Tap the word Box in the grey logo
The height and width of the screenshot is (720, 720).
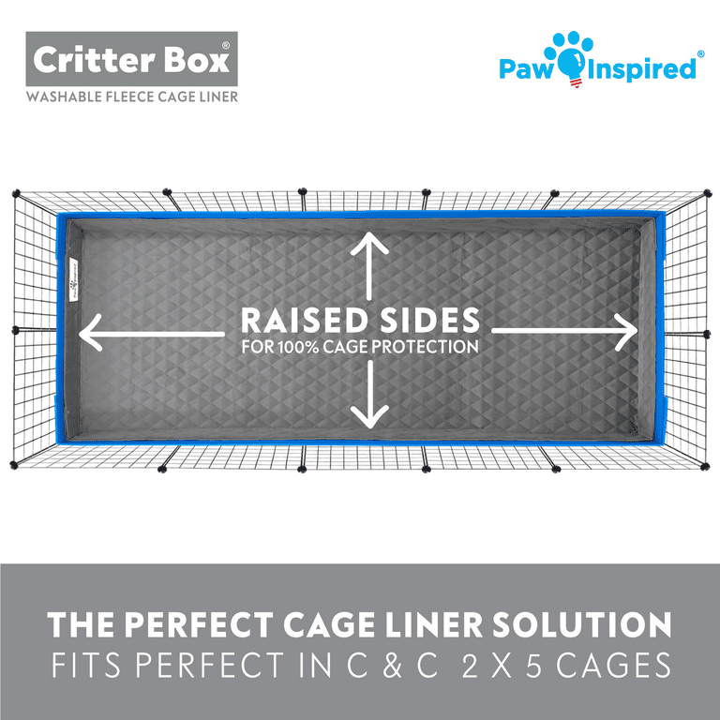(197, 60)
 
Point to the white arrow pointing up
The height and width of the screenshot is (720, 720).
(369, 266)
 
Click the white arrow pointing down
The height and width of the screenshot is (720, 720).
(369, 394)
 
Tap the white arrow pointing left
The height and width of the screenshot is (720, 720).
(152, 333)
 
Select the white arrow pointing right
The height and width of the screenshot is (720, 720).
(564, 331)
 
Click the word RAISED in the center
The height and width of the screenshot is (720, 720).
(305, 320)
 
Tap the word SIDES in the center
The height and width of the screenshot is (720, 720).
(429, 320)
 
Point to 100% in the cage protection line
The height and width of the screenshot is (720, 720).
(298, 347)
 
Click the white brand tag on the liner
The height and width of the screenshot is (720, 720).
(73, 279)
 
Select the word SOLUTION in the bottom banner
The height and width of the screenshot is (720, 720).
(581, 625)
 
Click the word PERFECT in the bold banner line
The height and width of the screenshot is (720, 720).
(199, 625)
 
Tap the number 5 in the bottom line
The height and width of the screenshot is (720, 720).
(534, 666)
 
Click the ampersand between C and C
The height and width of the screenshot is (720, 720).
(392, 666)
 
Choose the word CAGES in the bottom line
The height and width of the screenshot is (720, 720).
(614, 666)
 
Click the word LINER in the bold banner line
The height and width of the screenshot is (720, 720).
(434, 625)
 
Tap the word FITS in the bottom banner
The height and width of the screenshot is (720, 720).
(86, 666)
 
